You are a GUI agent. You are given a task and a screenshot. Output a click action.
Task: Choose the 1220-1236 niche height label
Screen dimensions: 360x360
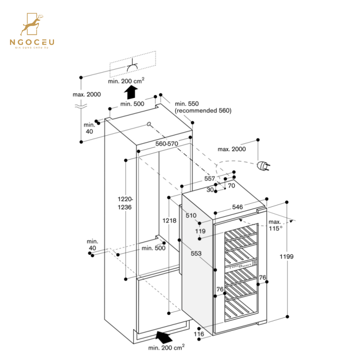tap(124, 203)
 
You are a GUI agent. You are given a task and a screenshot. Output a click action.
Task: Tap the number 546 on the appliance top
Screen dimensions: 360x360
tap(238, 207)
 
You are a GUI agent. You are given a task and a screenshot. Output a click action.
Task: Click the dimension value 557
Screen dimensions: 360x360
tap(210, 178)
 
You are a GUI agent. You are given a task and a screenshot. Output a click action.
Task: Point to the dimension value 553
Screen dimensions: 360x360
tap(196, 253)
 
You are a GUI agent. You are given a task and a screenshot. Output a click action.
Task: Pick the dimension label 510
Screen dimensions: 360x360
tap(191, 216)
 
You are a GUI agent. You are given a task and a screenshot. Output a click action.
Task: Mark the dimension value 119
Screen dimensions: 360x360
tap(200, 231)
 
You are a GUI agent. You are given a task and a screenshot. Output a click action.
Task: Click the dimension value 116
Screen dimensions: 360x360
tap(198, 334)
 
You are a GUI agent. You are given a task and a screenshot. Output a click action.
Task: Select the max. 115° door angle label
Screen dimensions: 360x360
tap(275, 225)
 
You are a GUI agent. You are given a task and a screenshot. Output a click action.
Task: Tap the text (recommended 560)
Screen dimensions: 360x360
tap(203, 110)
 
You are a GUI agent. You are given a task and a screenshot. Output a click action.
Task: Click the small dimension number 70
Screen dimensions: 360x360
tap(231, 186)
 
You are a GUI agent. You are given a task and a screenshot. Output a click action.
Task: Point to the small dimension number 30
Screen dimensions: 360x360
tap(210, 190)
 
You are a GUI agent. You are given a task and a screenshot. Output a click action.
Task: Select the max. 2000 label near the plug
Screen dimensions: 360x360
tap(232, 149)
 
